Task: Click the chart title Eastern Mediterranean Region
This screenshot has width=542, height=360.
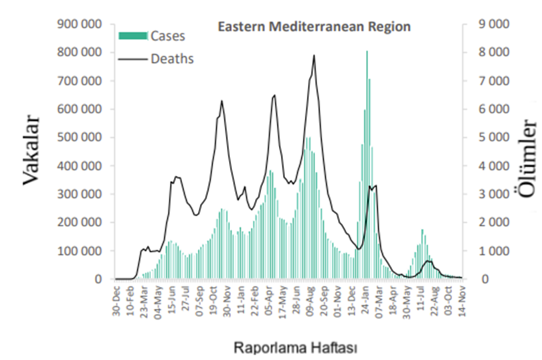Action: pyautogui.click(x=314, y=27)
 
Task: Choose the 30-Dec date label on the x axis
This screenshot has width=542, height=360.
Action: pyautogui.click(x=117, y=301)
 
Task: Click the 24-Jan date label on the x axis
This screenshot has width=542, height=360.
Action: pyautogui.click(x=366, y=301)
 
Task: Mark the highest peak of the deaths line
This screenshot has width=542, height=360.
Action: pyautogui.click(x=314, y=56)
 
